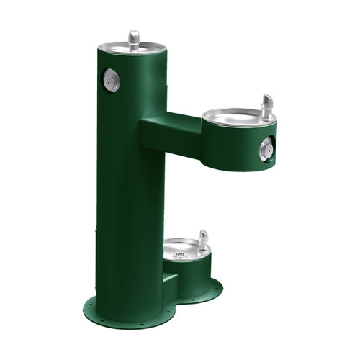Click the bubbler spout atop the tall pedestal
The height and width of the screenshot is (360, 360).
(133, 40)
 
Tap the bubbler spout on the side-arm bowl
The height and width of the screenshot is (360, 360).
(267, 107)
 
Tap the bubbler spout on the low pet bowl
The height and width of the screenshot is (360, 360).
(203, 240)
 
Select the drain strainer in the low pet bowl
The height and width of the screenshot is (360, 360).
(181, 253)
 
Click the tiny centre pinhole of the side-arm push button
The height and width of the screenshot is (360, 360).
(266, 149)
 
